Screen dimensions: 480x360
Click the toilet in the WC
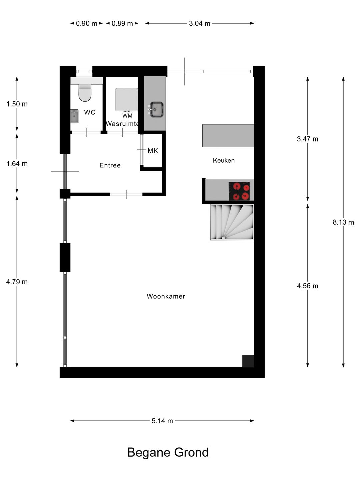coord(85,93)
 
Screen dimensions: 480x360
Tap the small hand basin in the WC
coord(74,116)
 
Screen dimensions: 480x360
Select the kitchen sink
coord(156,109)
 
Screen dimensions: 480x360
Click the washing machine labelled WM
coord(127,100)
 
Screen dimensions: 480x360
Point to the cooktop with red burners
coord(239,191)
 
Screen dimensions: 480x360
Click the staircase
coord(232,222)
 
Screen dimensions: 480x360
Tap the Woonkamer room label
coord(166,296)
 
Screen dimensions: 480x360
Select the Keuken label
coord(224,160)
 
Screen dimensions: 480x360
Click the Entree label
coord(110,165)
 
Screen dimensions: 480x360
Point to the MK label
coord(153,151)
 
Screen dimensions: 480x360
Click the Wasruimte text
coord(122,124)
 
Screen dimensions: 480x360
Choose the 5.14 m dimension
coord(162,421)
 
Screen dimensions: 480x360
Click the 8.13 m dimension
coord(343,222)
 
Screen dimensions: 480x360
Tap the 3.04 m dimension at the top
coord(199,23)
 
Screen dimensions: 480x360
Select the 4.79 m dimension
coord(17,282)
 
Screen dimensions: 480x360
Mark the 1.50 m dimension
coord(17,104)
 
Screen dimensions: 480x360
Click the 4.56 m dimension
coord(307,286)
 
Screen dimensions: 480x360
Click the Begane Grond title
coord(168,452)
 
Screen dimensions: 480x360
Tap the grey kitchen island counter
coord(228,135)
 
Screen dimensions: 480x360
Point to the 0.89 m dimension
coord(122,23)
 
